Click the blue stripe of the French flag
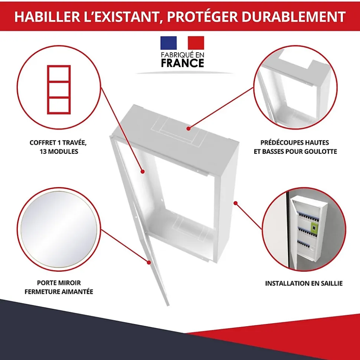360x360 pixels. [x=168, y=43]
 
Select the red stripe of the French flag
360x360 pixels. [x=196, y=43]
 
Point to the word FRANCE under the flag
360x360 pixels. [x=182, y=63]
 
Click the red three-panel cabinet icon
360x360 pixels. [x=59, y=90]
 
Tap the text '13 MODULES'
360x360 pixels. [x=59, y=152]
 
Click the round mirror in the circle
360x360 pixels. [x=59, y=229]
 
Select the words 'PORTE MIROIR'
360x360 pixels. [x=59, y=283]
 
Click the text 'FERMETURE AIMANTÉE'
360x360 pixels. [x=59, y=292]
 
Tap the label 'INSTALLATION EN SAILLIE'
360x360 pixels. [x=304, y=283]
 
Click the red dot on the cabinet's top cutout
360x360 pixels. [x=188, y=129]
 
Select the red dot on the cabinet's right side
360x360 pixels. [x=236, y=203]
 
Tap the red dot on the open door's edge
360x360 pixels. [x=149, y=262]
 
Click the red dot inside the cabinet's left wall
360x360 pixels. [x=143, y=172]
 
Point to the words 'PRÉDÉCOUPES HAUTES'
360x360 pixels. [x=295, y=143]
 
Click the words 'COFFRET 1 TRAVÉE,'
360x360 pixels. [x=58, y=143]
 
